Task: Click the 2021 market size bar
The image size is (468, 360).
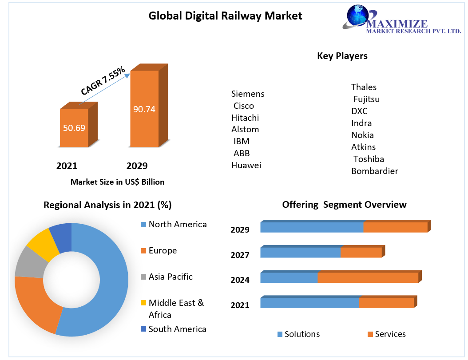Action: [x=74, y=128]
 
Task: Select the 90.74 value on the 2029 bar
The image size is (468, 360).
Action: [x=144, y=109]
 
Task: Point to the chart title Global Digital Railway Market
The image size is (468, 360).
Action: [x=225, y=16]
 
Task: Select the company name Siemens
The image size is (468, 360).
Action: [x=248, y=94]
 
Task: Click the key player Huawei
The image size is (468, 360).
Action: [x=246, y=165]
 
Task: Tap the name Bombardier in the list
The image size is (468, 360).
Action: [x=374, y=171]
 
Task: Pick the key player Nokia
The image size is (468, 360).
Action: [x=362, y=135]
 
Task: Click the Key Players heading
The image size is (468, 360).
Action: [x=342, y=56]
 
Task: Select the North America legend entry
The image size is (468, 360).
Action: [x=177, y=224]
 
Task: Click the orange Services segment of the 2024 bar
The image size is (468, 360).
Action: [x=368, y=278]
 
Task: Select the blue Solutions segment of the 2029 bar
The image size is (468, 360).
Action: [x=312, y=227]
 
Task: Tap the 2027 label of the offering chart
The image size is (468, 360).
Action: [x=240, y=255]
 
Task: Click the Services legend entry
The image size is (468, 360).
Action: [x=390, y=334]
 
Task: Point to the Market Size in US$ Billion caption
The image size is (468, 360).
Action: [x=117, y=182]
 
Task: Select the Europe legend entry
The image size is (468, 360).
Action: [x=162, y=250]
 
